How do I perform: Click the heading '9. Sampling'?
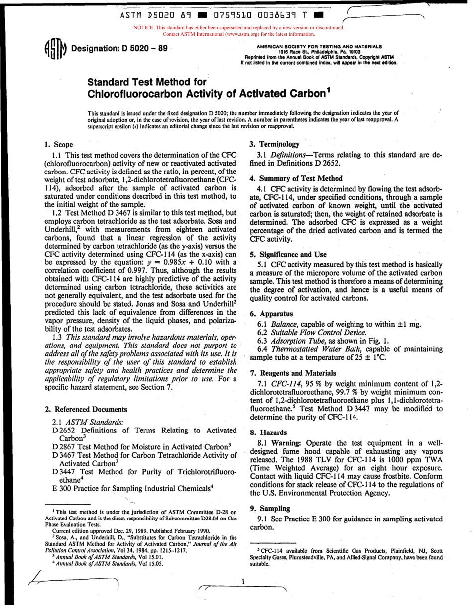tap(270, 508)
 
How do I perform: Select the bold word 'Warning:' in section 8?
tap(287, 442)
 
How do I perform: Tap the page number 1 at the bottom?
tap(243, 581)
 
